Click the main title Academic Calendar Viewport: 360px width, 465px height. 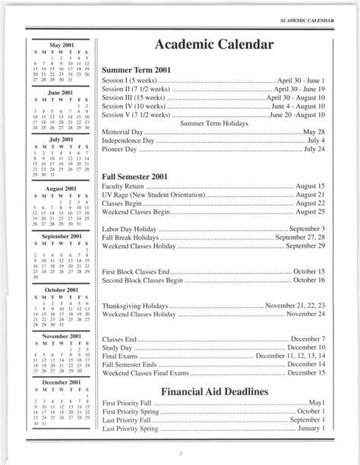tap(213, 46)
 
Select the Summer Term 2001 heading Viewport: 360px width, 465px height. tap(136, 70)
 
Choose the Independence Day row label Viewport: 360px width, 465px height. tap(128, 141)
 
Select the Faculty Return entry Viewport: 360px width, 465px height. tap(123, 186)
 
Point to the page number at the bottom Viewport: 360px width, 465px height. tap(181, 454)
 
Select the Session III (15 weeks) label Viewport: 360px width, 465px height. tap(136, 98)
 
